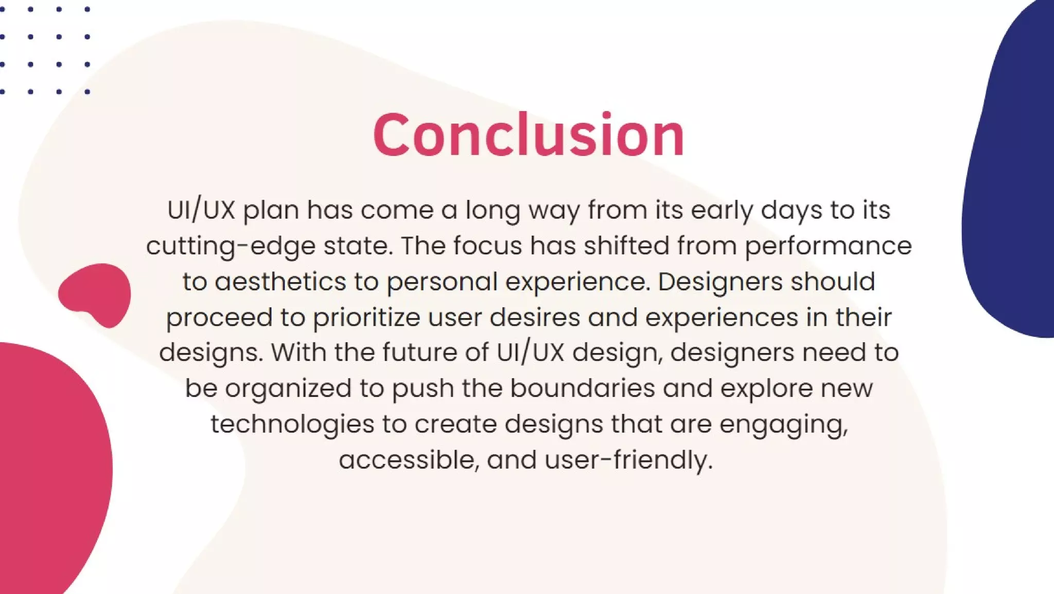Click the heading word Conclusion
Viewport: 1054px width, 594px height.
(529, 135)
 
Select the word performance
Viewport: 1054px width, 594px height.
(828, 246)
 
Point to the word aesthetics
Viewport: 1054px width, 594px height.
(280, 282)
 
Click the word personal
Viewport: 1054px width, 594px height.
(442, 282)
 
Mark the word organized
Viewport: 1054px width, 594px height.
(288, 389)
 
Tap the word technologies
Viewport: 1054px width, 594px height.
(292, 424)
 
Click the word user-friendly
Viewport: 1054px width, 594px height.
(628, 460)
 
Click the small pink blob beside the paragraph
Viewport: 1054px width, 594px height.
(96, 294)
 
